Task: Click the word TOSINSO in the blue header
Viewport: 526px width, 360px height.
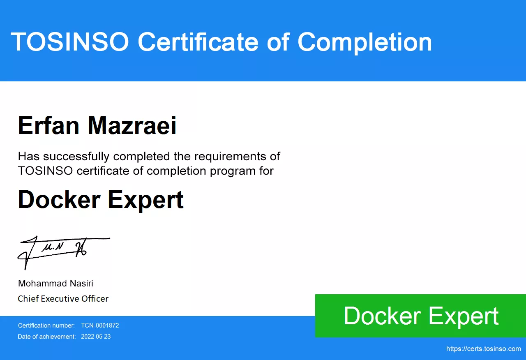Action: pyautogui.click(x=70, y=42)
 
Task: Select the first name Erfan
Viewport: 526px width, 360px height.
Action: pyautogui.click(x=48, y=125)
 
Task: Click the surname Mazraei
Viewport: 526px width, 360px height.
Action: pyautogui.click(x=132, y=125)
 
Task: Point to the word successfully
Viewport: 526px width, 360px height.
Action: pyautogui.click(x=76, y=157)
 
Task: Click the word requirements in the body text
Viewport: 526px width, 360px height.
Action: pyautogui.click(x=230, y=157)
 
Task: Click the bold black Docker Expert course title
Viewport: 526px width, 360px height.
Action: pyautogui.click(x=101, y=200)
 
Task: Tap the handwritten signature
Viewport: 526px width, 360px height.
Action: pyautogui.click(x=64, y=253)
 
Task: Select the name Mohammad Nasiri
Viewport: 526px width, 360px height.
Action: pyautogui.click(x=55, y=284)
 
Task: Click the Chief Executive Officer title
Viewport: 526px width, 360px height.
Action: pyautogui.click(x=63, y=299)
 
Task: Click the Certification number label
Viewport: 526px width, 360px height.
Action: pyautogui.click(x=46, y=325)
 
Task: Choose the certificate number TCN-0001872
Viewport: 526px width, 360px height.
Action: pyautogui.click(x=100, y=325)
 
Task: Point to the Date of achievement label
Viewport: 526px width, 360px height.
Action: pyautogui.click(x=47, y=337)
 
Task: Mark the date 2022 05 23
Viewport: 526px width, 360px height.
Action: pyautogui.click(x=96, y=337)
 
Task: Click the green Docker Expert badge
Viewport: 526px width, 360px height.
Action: pyautogui.click(x=420, y=316)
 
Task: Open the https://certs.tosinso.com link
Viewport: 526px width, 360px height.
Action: pyautogui.click(x=484, y=349)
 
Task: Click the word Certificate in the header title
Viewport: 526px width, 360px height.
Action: pyautogui.click(x=198, y=42)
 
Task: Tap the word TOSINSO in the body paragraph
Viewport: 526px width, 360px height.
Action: pyautogui.click(x=45, y=171)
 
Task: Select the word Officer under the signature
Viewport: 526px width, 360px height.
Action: pyautogui.click(x=95, y=299)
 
